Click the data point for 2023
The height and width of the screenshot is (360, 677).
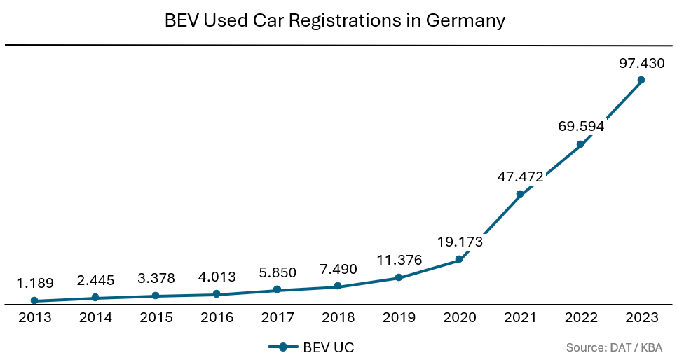pyautogui.click(x=641, y=80)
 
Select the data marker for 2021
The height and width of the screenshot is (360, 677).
pyautogui.click(x=520, y=194)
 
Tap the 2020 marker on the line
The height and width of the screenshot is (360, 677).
pyautogui.click(x=459, y=260)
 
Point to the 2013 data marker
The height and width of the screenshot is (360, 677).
pyautogui.click(x=35, y=300)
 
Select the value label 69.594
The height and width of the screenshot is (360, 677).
pyautogui.click(x=581, y=127)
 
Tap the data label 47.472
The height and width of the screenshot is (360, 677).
pyautogui.click(x=520, y=177)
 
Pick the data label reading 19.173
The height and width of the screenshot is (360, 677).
pyautogui.click(x=460, y=242)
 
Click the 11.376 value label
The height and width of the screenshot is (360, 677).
pyautogui.click(x=399, y=261)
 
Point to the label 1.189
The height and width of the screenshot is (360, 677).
pyautogui.click(x=35, y=284)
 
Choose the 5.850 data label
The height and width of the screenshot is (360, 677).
pyautogui.click(x=278, y=272)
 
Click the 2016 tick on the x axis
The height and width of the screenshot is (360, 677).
pyautogui.click(x=217, y=318)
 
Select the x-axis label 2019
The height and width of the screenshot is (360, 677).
pyautogui.click(x=399, y=318)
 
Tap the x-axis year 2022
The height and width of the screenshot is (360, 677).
pyautogui.click(x=581, y=318)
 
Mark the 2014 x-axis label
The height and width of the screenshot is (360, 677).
pyautogui.click(x=95, y=318)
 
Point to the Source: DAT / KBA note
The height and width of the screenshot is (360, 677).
pyautogui.click(x=615, y=347)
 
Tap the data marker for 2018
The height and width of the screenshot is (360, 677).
pyautogui.click(x=338, y=286)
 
